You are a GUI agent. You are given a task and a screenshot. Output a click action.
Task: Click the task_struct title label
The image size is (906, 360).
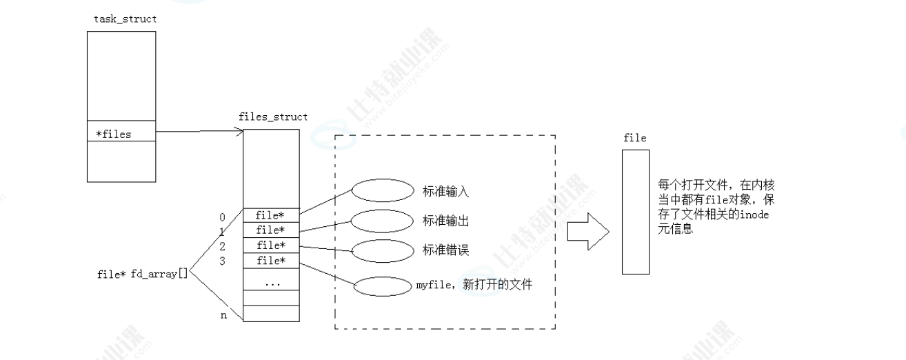[125, 19]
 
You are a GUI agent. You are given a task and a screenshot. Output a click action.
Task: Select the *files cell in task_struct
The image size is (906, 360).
[121, 134]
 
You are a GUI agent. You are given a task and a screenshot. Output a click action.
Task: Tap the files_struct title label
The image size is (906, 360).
[272, 117]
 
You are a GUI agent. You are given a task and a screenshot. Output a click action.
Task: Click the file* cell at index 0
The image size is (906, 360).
[272, 215]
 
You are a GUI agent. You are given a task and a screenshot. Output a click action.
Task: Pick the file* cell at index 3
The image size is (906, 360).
[272, 261]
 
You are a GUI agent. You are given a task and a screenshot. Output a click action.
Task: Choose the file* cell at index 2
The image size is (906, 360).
[272, 246]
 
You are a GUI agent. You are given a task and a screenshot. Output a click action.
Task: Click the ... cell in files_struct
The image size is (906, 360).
[272, 282]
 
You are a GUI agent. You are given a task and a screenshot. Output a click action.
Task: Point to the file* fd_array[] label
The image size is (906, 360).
[143, 274]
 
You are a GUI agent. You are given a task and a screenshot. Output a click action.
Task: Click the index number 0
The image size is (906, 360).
[223, 215]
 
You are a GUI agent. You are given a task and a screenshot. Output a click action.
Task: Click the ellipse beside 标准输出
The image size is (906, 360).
[381, 221]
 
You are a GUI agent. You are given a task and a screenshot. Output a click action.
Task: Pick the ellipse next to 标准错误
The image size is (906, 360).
[381, 250]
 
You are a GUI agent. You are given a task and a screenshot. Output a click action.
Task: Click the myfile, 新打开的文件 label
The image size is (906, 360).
[474, 284]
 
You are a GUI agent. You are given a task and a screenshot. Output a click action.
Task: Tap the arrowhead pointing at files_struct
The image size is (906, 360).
[239, 131]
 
